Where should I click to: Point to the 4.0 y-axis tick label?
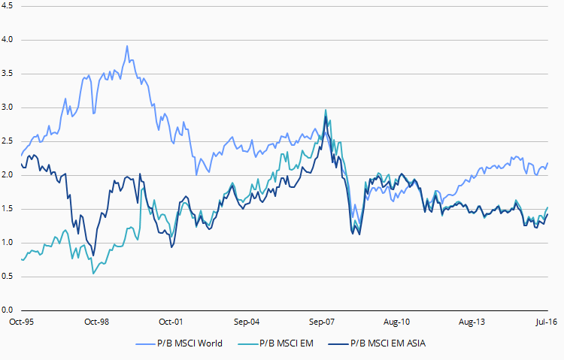coord(8,40)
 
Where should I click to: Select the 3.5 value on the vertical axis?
coord(8,74)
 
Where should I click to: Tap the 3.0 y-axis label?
coord(8,107)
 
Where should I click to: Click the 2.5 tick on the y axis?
coord(8,141)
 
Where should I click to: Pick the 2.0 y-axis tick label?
coord(8,175)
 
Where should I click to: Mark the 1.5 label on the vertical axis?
coord(8,209)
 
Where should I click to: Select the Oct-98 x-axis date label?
coord(97,322)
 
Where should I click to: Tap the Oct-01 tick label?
coord(171,322)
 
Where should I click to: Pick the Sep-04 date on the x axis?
coord(247,322)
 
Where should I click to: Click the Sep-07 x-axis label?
coord(321,322)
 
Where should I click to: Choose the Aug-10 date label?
coord(396,322)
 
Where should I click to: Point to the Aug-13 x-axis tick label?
coord(471,322)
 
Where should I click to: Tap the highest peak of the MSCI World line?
coord(127,46)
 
